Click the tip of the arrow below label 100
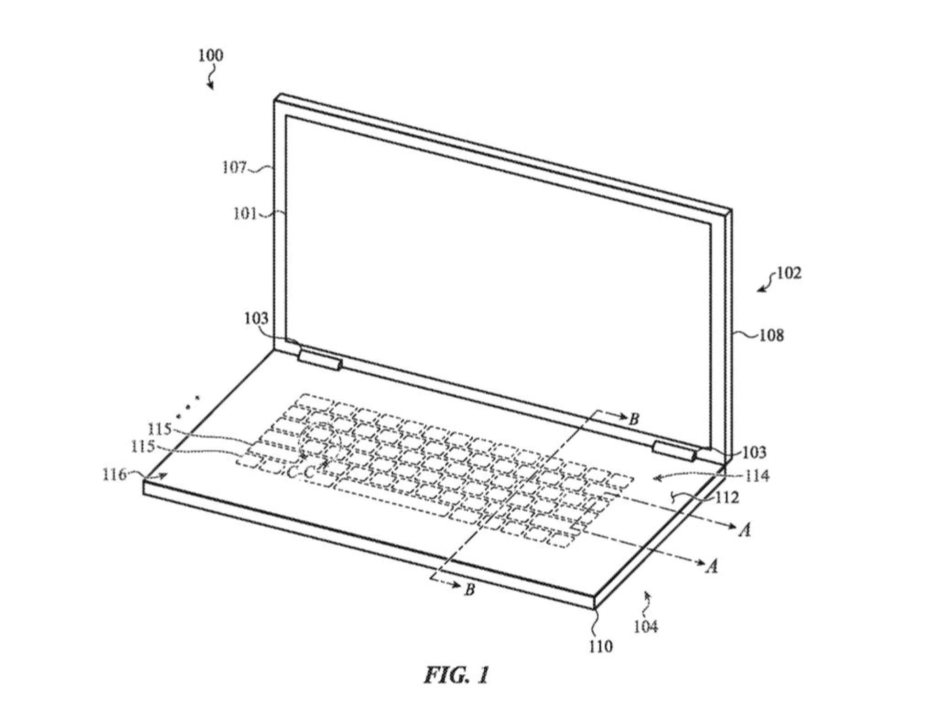click(x=212, y=90)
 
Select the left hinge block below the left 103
click(x=319, y=359)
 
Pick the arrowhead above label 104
click(x=646, y=594)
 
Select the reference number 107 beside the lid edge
click(x=234, y=168)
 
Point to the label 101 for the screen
click(x=245, y=214)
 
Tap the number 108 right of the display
click(x=772, y=336)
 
